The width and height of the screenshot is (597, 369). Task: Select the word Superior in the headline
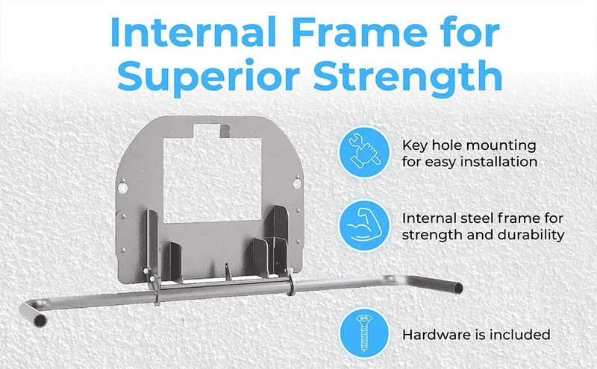[207, 77]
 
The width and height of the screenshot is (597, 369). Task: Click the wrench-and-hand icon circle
[365, 151]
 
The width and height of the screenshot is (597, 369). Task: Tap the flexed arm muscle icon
[365, 225]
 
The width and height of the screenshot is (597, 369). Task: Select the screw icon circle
[365, 333]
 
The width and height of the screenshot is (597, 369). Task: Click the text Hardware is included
[476, 335]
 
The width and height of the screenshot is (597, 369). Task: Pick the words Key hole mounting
[469, 145]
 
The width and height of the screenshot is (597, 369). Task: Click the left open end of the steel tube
[40, 321]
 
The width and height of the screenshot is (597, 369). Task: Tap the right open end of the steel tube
[457, 288]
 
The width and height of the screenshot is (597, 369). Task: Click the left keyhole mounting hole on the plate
[122, 186]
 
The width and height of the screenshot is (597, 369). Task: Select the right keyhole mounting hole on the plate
[296, 183]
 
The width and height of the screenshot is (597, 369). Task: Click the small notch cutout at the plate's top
[207, 130]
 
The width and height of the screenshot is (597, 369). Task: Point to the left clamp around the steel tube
[155, 290]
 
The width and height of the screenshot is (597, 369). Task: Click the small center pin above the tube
[228, 271]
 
